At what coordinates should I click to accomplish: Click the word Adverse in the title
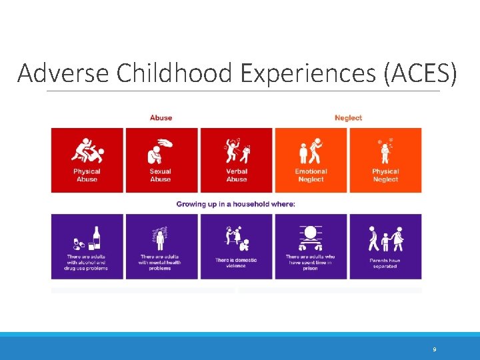(64, 73)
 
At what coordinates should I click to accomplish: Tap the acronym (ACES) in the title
(421, 73)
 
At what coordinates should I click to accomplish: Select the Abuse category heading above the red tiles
(161, 118)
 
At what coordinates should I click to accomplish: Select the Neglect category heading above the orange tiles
(348, 118)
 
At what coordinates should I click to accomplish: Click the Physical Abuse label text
(87, 175)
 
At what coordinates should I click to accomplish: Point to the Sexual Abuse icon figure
(161, 151)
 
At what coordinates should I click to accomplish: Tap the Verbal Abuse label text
(236, 175)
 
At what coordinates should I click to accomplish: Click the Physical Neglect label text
(385, 175)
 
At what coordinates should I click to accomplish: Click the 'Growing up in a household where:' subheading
(236, 204)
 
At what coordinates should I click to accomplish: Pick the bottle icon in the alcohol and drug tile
(96, 238)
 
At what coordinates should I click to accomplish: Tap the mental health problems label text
(161, 263)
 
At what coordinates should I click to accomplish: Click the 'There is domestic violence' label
(236, 263)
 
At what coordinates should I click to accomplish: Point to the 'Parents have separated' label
(385, 263)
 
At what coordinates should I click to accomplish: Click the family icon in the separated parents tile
(385, 238)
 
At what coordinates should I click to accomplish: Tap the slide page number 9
(435, 349)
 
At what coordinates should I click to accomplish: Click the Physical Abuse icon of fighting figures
(87, 151)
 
